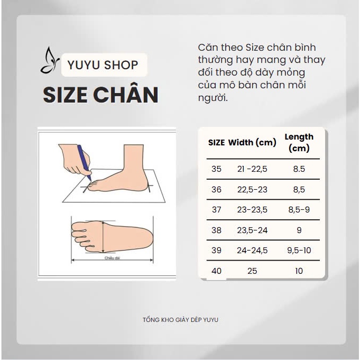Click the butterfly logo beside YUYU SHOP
tap(50, 60)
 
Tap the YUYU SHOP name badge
tap(104, 64)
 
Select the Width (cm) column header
tap(252, 143)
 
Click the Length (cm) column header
tap(299, 143)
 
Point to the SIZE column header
tap(216, 143)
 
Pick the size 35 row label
tap(216, 169)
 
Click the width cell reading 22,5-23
tap(252, 190)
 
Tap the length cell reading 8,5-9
tap(299, 210)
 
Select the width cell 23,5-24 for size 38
tap(252, 230)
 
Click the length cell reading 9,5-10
tap(299, 250)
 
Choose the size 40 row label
tap(216, 271)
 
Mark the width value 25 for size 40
tap(252, 271)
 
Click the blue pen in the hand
tap(84, 162)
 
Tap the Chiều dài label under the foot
tap(112, 258)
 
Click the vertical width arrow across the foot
tap(103, 237)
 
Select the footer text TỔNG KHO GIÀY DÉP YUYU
tap(180, 320)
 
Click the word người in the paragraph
tap(213, 98)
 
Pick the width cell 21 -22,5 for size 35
tap(252, 169)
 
